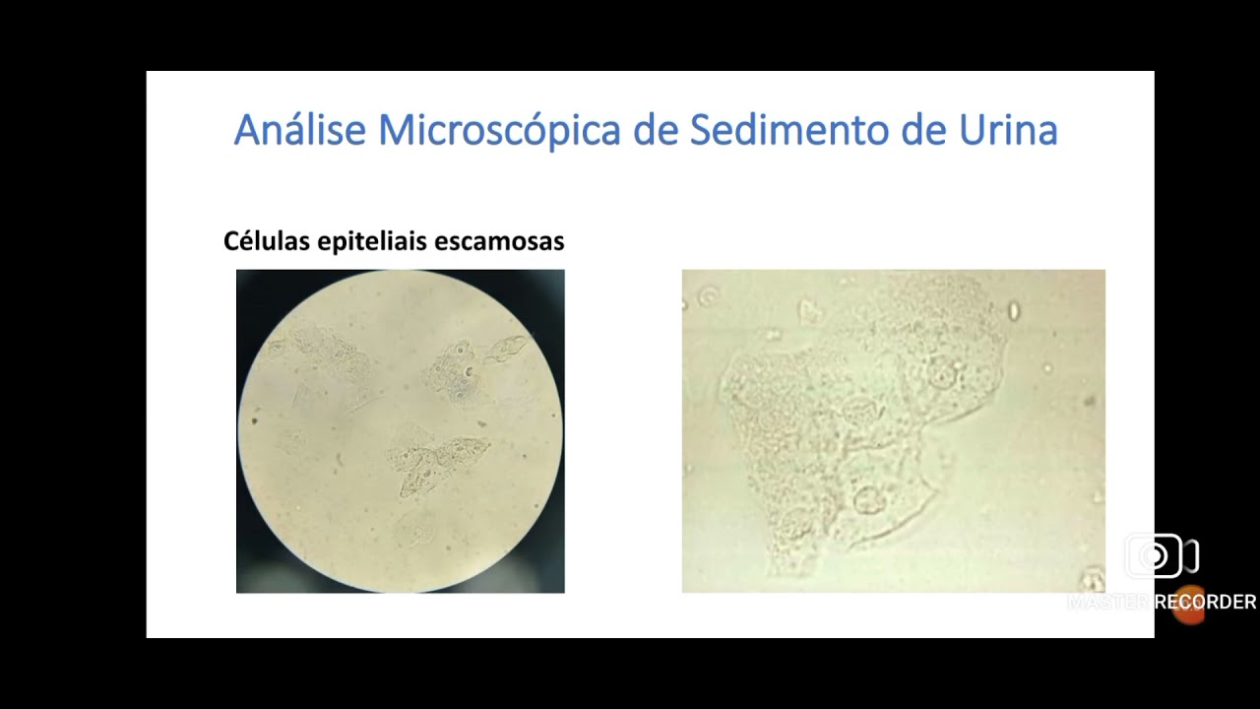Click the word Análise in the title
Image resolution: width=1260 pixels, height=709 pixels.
click(300, 130)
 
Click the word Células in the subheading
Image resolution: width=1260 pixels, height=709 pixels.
click(263, 241)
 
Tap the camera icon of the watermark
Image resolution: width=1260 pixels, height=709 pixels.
click(1160, 557)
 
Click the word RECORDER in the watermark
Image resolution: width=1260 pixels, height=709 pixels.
click(1206, 602)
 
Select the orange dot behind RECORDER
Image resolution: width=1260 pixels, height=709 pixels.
click(1189, 605)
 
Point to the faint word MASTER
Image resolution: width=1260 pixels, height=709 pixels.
click(1109, 602)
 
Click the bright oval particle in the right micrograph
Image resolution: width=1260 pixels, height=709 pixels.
click(1014, 311)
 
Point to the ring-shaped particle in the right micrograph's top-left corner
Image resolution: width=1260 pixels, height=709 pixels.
click(708, 295)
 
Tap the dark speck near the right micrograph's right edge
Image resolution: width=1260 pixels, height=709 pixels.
click(1090, 402)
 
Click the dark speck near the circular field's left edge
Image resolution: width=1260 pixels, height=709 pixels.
click(255, 420)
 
